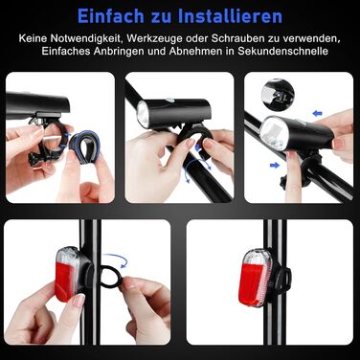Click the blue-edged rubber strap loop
pyautogui.click(x=83, y=149)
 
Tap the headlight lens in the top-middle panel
pyautogui.click(x=142, y=115)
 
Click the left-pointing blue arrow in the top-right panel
pyautogui.click(x=317, y=113)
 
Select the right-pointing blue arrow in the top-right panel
pyautogui.click(x=275, y=165)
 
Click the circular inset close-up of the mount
pyautogui.click(x=278, y=94)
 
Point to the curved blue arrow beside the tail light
pyautogui.click(x=117, y=259)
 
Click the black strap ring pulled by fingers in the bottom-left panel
pyautogui.click(x=109, y=278)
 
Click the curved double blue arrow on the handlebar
pyautogui.click(x=197, y=170)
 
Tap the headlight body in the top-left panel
pyautogui.click(x=38, y=104)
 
